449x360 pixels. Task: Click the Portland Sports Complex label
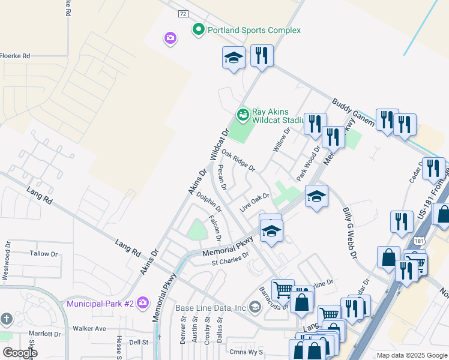pyautogui.click(x=254, y=30)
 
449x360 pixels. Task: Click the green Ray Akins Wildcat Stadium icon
pyautogui.click(x=243, y=113)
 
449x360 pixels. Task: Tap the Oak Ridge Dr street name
pyautogui.click(x=238, y=160)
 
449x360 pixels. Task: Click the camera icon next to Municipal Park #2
pyautogui.click(x=142, y=302)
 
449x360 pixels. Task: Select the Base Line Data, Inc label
pyautogui.click(x=211, y=308)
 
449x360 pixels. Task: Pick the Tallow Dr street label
pyautogui.click(x=44, y=254)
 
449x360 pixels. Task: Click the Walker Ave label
pyautogui.click(x=89, y=328)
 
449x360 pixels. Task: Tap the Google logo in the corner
pyautogui.click(x=20, y=353)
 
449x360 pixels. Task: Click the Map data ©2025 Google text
pyautogui.click(x=411, y=355)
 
